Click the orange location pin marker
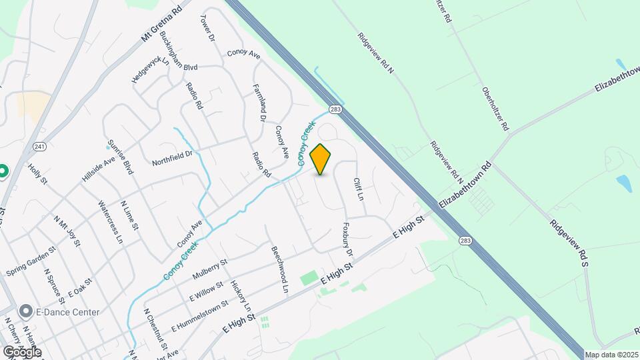[321, 159]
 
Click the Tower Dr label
[207, 30]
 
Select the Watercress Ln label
[111, 221]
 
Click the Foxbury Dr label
[347, 239]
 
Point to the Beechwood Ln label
[279, 270]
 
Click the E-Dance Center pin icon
[26, 311]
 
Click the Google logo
[22, 351]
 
